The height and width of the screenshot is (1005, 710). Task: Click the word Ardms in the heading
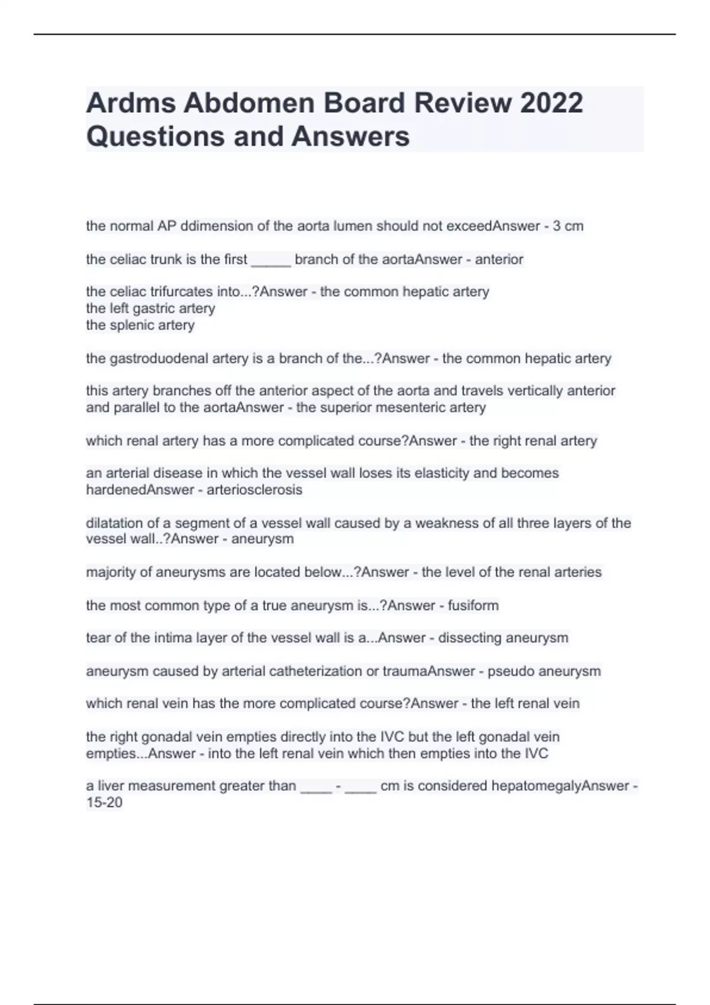click(x=130, y=103)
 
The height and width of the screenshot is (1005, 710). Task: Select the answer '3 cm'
click(x=568, y=226)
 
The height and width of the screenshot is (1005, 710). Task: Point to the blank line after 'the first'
click(x=271, y=260)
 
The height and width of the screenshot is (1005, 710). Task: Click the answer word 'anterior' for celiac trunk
click(x=499, y=260)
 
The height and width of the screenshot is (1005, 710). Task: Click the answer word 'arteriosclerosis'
click(x=254, y=489)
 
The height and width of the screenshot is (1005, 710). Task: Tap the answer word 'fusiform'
click(x=473, y=605)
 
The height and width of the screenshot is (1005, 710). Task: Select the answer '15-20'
click(x=104, y=803)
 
